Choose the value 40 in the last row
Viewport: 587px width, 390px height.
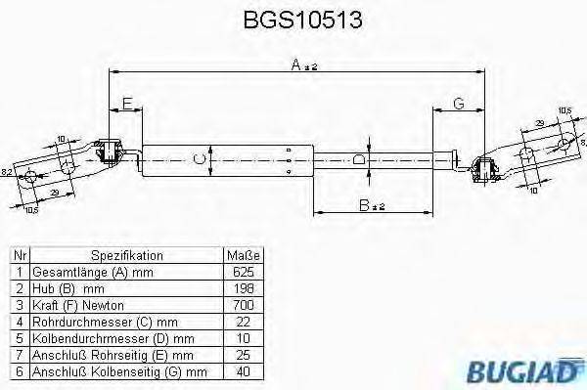[245, 372]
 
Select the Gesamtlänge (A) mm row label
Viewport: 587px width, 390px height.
[92, 273]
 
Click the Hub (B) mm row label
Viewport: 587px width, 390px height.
[69, 289]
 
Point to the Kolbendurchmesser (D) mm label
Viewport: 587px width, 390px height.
[106, 339]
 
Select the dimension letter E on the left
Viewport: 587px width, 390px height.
[126, 104]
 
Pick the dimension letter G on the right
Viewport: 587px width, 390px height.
[458, 104]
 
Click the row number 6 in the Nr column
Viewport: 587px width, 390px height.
[19, 372]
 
